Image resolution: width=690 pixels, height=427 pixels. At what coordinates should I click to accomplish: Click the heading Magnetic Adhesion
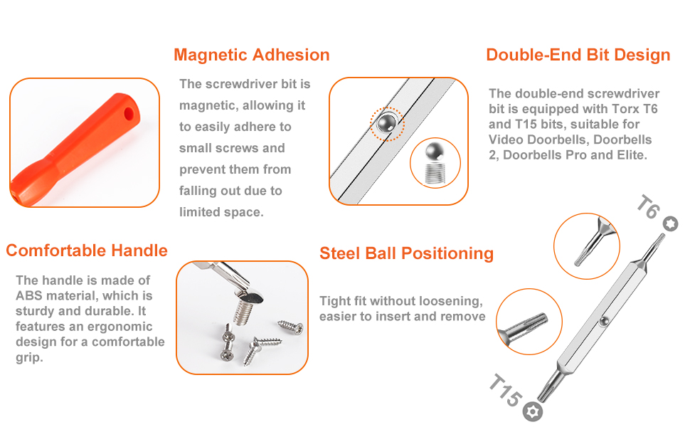coord(251,55)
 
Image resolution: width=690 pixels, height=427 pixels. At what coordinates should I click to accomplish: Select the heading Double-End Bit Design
coord(578,55)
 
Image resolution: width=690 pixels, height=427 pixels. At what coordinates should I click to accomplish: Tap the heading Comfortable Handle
coord(87,251)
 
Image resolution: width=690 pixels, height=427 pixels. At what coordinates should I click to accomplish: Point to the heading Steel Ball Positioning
coord(406,253)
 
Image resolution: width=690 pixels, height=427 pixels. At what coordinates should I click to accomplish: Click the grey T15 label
coord(504,391)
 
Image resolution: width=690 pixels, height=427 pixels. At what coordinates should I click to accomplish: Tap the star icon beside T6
coord(670,224)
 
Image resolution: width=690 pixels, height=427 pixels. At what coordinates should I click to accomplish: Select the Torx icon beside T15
coord(532,411)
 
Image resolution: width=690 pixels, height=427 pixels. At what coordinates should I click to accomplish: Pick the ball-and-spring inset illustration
coord(435,162)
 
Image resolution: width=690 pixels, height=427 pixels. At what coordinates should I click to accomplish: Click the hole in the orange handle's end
coord(129,112)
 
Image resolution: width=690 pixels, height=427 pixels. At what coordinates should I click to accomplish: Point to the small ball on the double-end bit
coord(602,321)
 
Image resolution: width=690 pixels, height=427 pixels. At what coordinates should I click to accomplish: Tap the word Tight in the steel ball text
coord(334,301)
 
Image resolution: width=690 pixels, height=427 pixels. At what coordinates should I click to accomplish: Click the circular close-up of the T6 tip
coord(586,246)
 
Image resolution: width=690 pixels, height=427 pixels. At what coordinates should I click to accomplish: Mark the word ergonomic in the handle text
coord(120,327)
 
